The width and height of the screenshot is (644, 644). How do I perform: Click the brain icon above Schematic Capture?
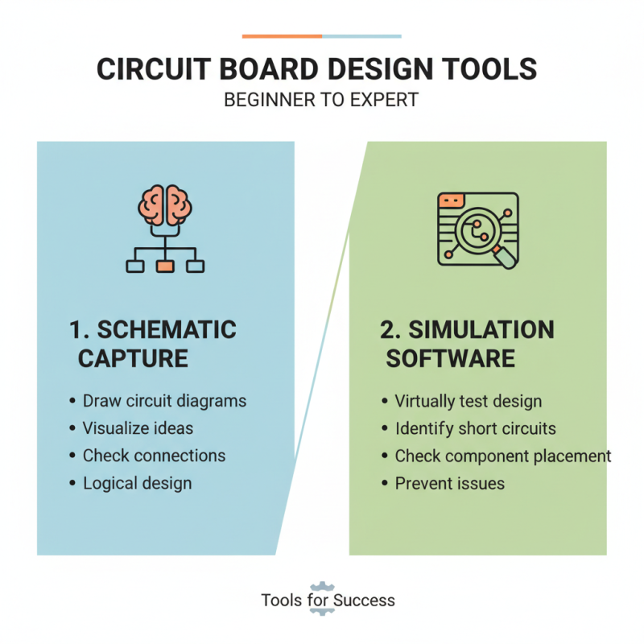[165, 205]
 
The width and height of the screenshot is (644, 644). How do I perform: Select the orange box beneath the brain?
[165, 266]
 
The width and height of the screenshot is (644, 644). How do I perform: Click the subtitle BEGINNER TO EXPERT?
[321, 101]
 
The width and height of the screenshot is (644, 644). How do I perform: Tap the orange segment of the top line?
[282, 36]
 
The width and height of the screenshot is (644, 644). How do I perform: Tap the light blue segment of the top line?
[361, 36]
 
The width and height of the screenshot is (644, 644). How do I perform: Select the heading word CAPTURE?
[133, 358]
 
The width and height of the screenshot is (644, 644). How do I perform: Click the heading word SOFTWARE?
[450, 358]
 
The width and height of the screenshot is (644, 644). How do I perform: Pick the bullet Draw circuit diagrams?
[164, 401]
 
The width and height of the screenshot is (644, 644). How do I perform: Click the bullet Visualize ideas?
[138, 428]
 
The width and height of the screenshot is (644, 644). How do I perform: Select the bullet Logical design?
[137, 483]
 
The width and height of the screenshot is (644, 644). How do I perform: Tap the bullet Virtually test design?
[468, 401]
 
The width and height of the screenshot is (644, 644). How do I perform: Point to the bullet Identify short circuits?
[475, 428]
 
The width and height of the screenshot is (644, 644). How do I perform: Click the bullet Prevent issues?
[449, 483]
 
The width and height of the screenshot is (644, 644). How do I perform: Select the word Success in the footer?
[365, 601]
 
